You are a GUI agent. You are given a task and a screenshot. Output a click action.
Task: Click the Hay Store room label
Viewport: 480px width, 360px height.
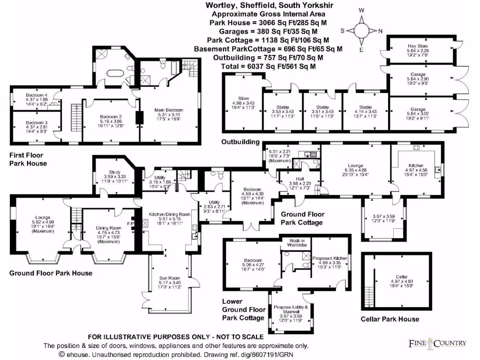tap(418, 46)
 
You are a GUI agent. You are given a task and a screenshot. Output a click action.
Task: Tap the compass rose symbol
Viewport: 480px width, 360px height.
tap(361, 30)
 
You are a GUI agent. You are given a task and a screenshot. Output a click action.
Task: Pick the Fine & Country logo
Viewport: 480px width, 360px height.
tap(438, 343)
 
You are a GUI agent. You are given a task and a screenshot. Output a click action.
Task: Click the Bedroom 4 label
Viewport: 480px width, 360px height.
tap(36, 95)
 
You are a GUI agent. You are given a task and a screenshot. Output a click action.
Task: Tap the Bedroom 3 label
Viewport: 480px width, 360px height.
tap(36, 122)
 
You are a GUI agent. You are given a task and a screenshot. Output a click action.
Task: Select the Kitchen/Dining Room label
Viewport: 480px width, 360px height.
tap(170, 214)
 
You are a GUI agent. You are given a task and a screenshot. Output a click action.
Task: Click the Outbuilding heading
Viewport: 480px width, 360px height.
tap(241, 142)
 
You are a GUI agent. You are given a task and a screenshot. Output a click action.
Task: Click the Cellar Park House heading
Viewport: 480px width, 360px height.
tap(390, 319)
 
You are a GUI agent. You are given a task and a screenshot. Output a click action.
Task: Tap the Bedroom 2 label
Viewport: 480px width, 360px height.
tap(111, 117)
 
